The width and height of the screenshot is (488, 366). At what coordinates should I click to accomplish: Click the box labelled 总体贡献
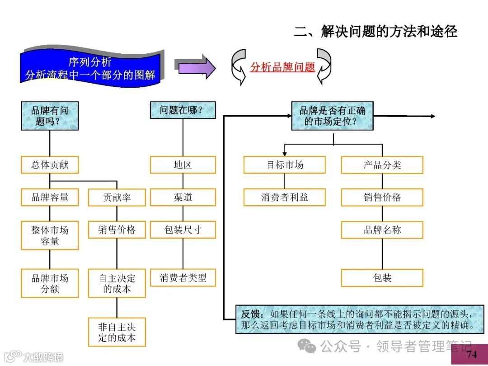click(50, 165)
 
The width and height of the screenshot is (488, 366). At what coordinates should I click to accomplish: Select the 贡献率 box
click(117, 197)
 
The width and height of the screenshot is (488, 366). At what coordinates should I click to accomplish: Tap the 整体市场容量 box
click(50, 235)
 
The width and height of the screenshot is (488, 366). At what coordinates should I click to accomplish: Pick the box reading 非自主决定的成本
click(117, 332)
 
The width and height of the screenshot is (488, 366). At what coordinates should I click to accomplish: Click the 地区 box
click(183, 165)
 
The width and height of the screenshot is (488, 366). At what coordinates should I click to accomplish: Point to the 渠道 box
click(183, 197)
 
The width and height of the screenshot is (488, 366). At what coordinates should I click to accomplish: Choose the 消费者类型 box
click(183, 278)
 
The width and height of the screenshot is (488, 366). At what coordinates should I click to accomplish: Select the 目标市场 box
click(284, 165)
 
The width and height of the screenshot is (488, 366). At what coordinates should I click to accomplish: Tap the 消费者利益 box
click(284, 197)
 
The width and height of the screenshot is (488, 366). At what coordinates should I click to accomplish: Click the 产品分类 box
click(382, 165)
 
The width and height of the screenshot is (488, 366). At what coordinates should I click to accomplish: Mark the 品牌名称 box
click(382, 230)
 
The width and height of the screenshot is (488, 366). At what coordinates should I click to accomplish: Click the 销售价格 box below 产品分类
click(382, 197)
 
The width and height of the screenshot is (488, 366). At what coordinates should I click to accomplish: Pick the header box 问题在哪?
click(183, 110)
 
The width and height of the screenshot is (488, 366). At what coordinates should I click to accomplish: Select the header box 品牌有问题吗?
click(50, 116)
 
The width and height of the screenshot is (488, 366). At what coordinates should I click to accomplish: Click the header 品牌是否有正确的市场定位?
click(332, 116)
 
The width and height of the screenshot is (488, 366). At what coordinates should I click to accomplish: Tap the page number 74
click(471, 354)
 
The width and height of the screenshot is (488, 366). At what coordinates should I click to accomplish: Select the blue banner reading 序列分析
click(90, 68)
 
